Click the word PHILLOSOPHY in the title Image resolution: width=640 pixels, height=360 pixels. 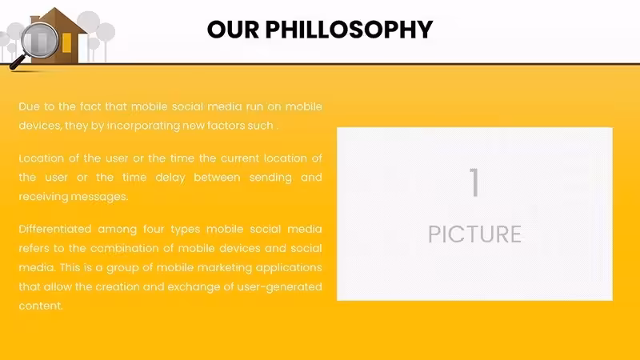click(349, 30)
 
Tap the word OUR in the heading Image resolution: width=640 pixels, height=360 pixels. click(233, 30)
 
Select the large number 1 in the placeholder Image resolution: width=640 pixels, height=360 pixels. click(474, 182)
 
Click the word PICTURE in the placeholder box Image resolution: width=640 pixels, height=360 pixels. click(474, 234)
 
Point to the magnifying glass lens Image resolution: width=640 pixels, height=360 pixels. click(40, 40)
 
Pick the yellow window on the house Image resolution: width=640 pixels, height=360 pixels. click(66, 43)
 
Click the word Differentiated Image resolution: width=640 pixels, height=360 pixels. click(55, 229)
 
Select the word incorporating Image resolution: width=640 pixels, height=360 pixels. click(143, 126)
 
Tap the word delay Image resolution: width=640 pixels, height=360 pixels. click(170, 178)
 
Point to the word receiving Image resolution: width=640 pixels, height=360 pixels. click(43, 197)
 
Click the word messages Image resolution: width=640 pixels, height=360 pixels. click(99, 197)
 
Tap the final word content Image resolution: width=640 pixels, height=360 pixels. click(41, 306)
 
